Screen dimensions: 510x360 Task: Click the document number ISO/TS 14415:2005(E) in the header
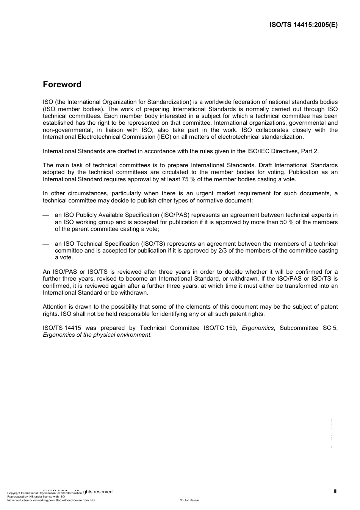tap(303, 25)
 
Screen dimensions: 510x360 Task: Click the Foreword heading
tap(62, 85)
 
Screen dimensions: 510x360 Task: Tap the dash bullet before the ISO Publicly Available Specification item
tap(46, 215)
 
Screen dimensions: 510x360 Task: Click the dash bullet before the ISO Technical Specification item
tap(46, 244)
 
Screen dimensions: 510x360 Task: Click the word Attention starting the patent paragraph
tap(55, 307)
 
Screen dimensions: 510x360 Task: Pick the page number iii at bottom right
tap(335, 491)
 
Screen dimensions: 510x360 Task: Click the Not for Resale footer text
tap(189, 500)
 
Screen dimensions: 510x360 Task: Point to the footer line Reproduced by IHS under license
tap(36, 496)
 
